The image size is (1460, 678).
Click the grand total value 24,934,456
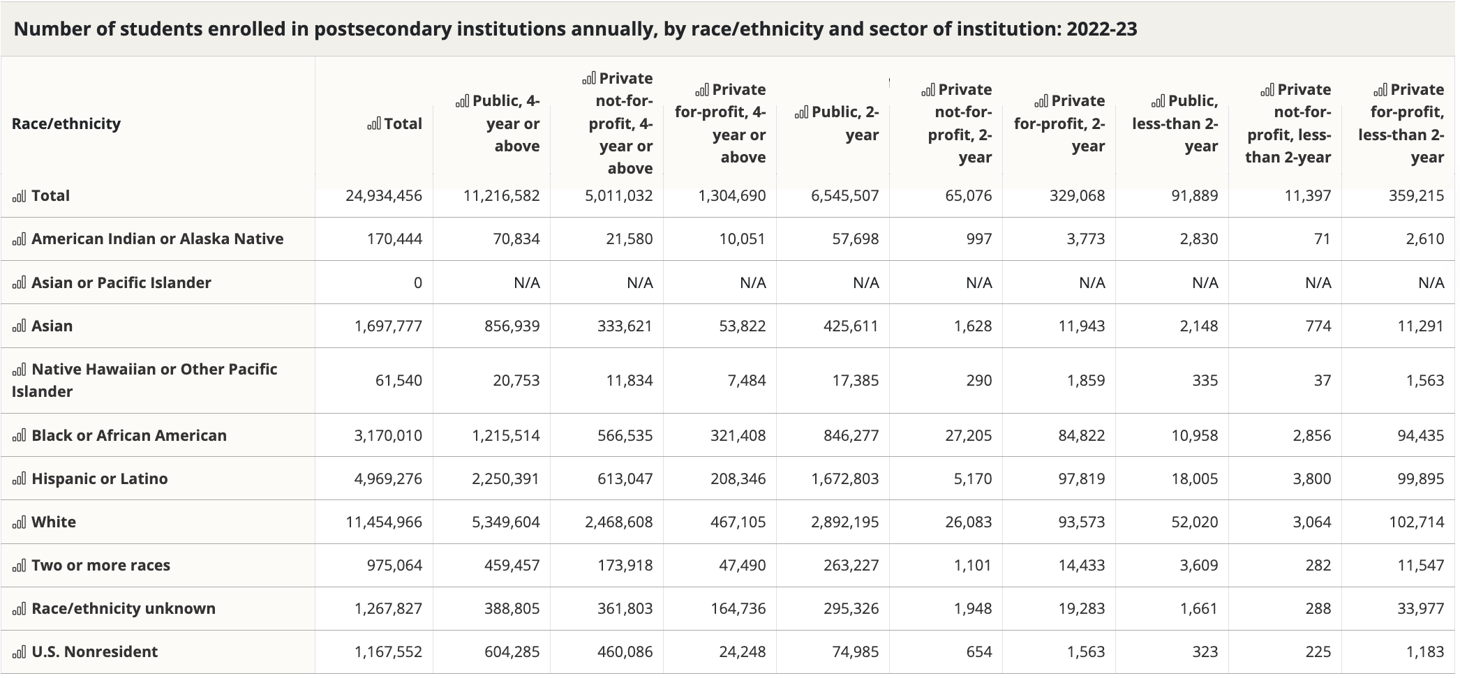point(384,196)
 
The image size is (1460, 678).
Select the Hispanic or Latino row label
point(99,479)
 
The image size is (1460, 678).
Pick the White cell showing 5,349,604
point(505,522)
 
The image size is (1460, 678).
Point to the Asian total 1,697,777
point(388,326)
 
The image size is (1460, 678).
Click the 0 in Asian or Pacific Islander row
point(417,283)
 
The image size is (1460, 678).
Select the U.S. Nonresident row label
point(94,652)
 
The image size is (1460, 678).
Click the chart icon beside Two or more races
point(19,566)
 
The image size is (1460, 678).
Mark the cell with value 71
point(1322,239)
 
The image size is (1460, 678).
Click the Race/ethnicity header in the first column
point(66,124)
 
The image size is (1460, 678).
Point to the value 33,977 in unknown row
point(1420,609)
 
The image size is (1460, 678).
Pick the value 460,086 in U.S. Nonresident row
point(625,652)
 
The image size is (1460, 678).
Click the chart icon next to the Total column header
point(374,124)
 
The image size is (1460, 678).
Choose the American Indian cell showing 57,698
point(855,239)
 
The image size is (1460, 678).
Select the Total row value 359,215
point(1416,196)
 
